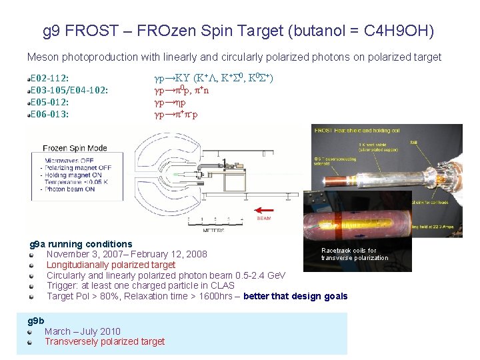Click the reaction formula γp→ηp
[x=170, y=102]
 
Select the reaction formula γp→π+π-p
[x=176, y=114]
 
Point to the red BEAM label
[x=263, y=217]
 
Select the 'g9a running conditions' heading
[x=81, y=244]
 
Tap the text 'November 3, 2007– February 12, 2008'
[x=127, y=254]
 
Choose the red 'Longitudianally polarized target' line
[x=111, y=265]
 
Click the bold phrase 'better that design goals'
[x=295, y=296]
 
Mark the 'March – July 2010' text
[x=83, y=331]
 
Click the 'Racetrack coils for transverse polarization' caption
[x=354, y=254]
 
